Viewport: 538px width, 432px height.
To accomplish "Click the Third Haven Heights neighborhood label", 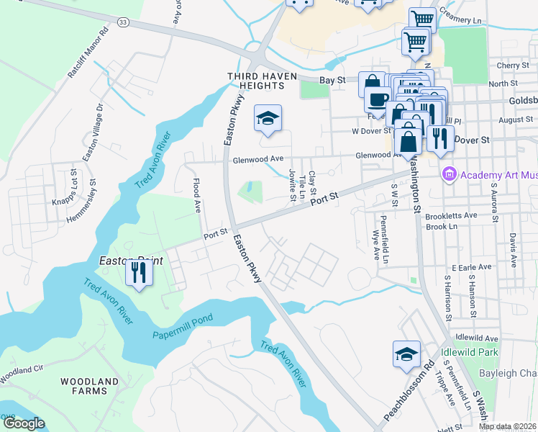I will coord(255,80).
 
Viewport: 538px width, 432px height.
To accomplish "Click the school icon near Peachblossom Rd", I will coord(406,354).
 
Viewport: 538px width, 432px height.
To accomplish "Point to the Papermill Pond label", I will coord(183,327).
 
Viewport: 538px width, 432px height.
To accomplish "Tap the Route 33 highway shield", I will coord(124,23).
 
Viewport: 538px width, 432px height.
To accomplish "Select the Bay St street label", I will coord(328,81).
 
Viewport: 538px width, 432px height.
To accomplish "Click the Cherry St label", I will coord(516,66).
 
